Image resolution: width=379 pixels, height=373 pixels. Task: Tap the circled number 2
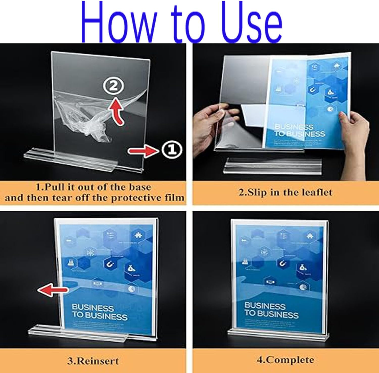coord(113,86)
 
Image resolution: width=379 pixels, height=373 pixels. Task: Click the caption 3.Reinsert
coord(93,361)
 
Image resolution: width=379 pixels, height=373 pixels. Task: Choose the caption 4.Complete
coord(285,360)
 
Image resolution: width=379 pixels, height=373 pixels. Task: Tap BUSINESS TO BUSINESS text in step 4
coord(271,310)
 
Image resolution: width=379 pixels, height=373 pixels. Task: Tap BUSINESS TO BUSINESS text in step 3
coord(99,312)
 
